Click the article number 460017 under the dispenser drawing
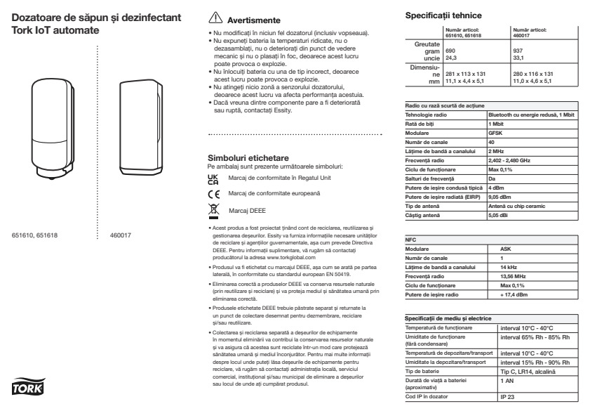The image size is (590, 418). pos(123,235)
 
